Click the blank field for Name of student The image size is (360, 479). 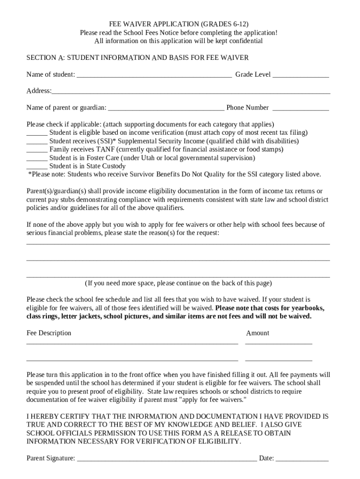point(154,75)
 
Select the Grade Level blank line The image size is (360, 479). point(301,75)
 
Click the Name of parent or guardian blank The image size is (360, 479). point(166,109)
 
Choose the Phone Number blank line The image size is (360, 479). point(301,109)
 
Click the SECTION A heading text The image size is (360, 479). point(137,58)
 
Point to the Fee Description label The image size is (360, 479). point(49,333)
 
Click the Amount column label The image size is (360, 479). point(258,333)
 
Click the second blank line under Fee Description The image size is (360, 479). point(132,361)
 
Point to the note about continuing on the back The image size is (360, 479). point(178,283)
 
